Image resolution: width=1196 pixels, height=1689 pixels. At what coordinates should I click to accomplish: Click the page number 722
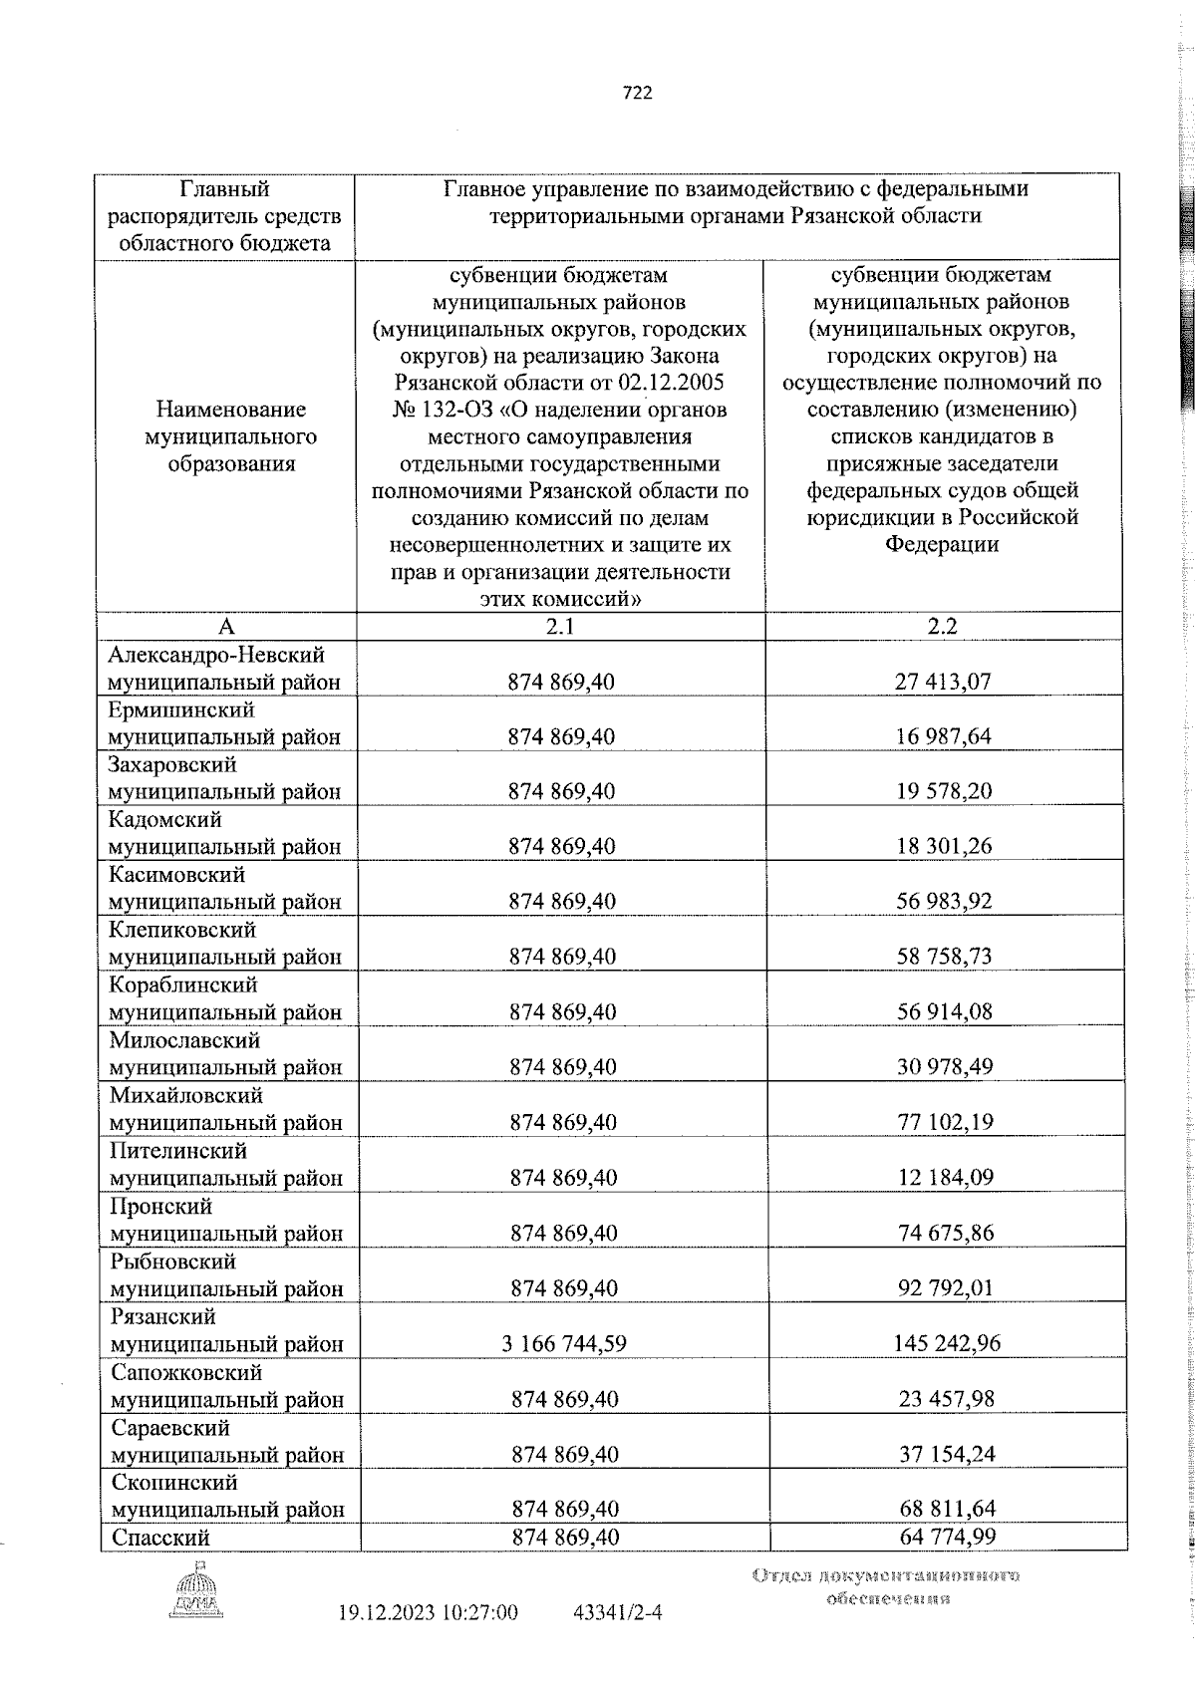click(x=637, y=93)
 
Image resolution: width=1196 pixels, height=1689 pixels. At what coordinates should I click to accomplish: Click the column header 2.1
click(x=560, y=626)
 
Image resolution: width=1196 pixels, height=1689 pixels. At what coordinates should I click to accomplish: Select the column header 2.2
click(x=942, y=626)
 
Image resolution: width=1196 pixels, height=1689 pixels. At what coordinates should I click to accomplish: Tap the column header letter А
click(x=226, y=626)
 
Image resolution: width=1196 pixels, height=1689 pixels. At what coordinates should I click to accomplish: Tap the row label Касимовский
click(x=176, y=875)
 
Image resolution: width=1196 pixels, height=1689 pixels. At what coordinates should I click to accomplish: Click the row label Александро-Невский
click(x=216, y=655)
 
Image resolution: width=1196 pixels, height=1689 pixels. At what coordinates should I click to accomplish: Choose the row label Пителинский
click(x=176, y=1151)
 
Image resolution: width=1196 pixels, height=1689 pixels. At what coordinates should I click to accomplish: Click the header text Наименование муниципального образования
click(x=230, y=436)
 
